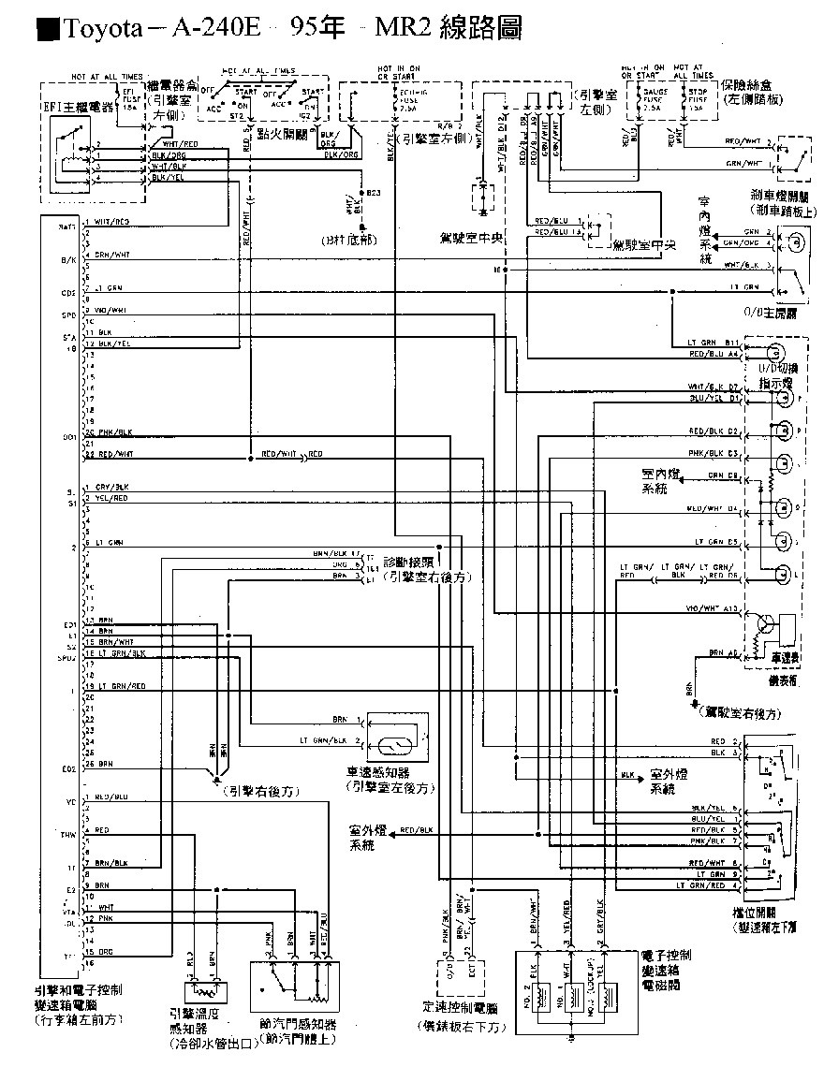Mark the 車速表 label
point(785,658)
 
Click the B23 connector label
point(373,193)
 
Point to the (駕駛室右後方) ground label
point(739,713)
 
